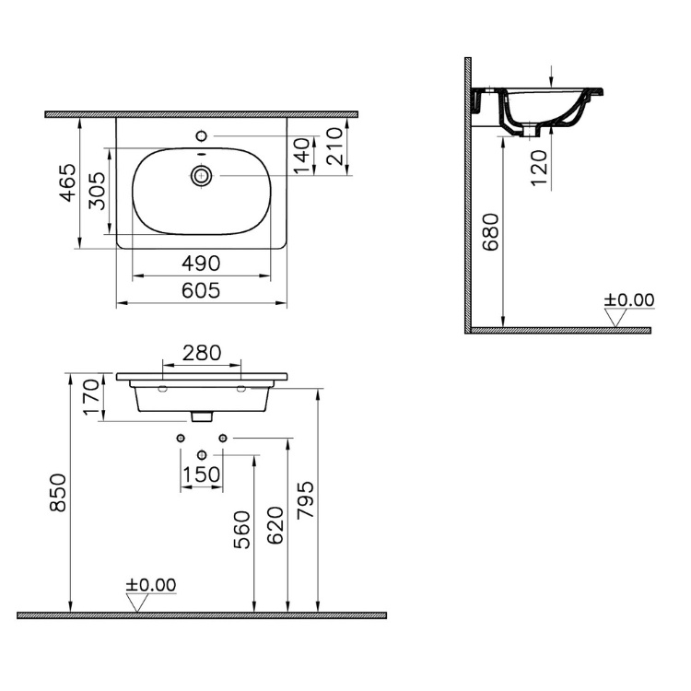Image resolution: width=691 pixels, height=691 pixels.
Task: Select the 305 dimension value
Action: (97, 193)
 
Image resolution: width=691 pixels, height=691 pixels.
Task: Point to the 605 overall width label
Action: (201, 291)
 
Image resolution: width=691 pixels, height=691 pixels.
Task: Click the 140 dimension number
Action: (300, 158)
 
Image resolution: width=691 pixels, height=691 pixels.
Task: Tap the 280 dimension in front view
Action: (201, 352)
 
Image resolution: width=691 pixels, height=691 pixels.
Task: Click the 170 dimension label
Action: (90, 398)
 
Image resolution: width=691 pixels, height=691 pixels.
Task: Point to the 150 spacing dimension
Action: (201, 474)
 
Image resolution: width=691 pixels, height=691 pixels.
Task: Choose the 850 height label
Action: (57, 494)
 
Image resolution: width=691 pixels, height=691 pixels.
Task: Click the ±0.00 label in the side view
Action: (628, 300)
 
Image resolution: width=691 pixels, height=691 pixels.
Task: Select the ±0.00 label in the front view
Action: (150, 585)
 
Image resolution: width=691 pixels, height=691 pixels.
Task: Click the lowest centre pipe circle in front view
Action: (202, 454)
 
